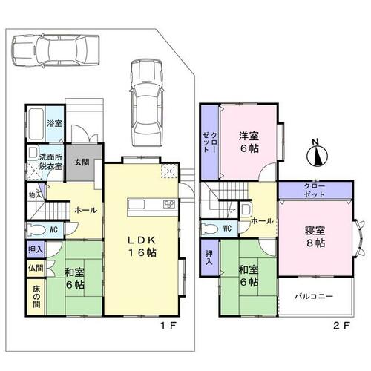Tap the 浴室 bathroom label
pyautogui.click(x=54, y=123)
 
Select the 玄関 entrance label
pyautogui.click(x=82, y=162)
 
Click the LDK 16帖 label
pyautogui.click(x=142, y=246)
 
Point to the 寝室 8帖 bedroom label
pyautogui.click(x=315, y=237)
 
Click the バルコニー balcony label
pyautogui.click(x=314, y=296)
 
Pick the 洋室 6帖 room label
pyautogui.click(x=249, y=142)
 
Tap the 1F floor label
pyautogui.click(x=168, y=326)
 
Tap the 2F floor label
pyautogui.click(x=341, y=326)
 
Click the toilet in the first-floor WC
pyautogui.click(x=36, y=229)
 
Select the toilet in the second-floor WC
pyautogui.click(x=211, y=228)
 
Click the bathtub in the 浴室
pyautogui.click(x=36, y=124)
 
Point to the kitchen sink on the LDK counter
pyautogui.click(x=137, y=205)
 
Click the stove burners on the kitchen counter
pyautogui.click(x=169, y=204)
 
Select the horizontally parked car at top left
pyautogui.click(x=56, y=50)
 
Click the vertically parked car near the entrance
pyautogui.click(x=147, y=102)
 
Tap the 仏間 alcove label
pyautogui.click(x=36, y=268)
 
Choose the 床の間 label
pyautogui.click(x=36, y=297)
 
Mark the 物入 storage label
pyautogui.click(x=35, y=195)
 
